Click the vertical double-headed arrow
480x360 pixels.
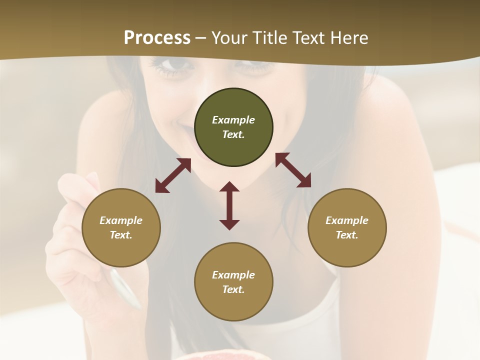[x=229, y=205]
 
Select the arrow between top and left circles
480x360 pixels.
[x=173, y=175]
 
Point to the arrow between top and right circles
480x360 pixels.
[x=293, y=170]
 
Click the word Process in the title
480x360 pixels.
[x=157, y=38]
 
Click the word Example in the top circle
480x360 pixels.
[x=233, y=120]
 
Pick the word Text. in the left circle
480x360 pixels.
[x=121, y=235]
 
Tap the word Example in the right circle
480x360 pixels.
[x=347, y=220]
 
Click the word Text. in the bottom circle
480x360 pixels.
[x=233, y=289]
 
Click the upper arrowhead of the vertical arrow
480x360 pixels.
[x=229, y=187]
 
